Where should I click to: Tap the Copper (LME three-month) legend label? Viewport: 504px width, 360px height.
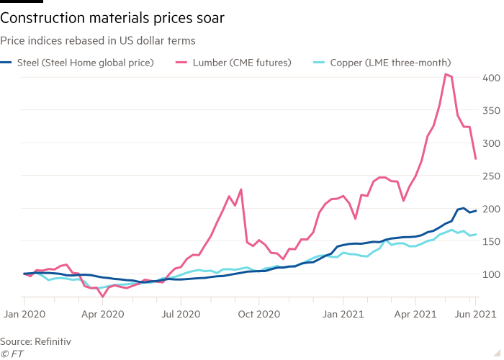click(x=390, y=63)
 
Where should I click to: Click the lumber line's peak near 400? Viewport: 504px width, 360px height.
click(x=446, y=73)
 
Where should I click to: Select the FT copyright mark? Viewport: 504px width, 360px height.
click(x=13, y=352)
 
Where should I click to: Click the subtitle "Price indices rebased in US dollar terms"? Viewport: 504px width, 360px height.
click(x=99, y=42)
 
